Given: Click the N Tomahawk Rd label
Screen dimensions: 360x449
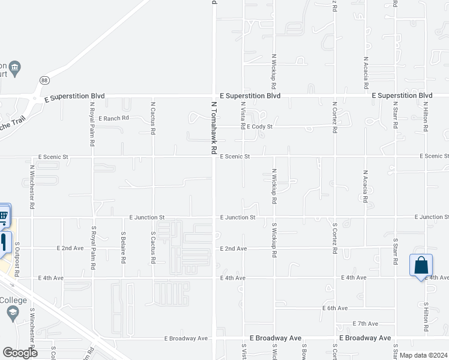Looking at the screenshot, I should click(213, 128).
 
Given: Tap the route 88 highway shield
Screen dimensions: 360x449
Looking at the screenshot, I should click(45, 80).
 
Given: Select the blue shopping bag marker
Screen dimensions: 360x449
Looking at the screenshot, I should click(421, 265).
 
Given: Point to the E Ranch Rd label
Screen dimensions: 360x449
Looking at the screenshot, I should click(114, 118).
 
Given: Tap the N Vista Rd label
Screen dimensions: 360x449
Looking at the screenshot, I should click(244, 116).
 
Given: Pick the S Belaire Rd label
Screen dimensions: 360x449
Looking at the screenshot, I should click(123, 248).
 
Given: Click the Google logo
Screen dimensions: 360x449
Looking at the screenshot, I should click(20, 352).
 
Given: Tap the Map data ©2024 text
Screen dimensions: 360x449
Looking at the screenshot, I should click(423, 355).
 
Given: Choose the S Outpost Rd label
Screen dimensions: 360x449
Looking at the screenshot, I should click(17, 259).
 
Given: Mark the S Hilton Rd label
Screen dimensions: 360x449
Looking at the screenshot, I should click(426, 317).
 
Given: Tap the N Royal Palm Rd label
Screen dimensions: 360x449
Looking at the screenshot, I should click(92, 124).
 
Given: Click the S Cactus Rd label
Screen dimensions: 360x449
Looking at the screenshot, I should click(154, 246).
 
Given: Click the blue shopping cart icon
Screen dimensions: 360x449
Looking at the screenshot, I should click(4, 215).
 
